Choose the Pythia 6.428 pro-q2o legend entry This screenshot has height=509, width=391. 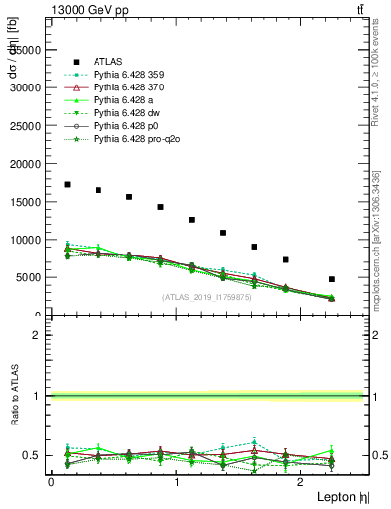click(139, 139)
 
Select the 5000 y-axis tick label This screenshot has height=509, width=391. click(32, 277)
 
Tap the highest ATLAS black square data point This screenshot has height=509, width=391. click(67, 184)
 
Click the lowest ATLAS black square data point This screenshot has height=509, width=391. click(331, 279)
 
